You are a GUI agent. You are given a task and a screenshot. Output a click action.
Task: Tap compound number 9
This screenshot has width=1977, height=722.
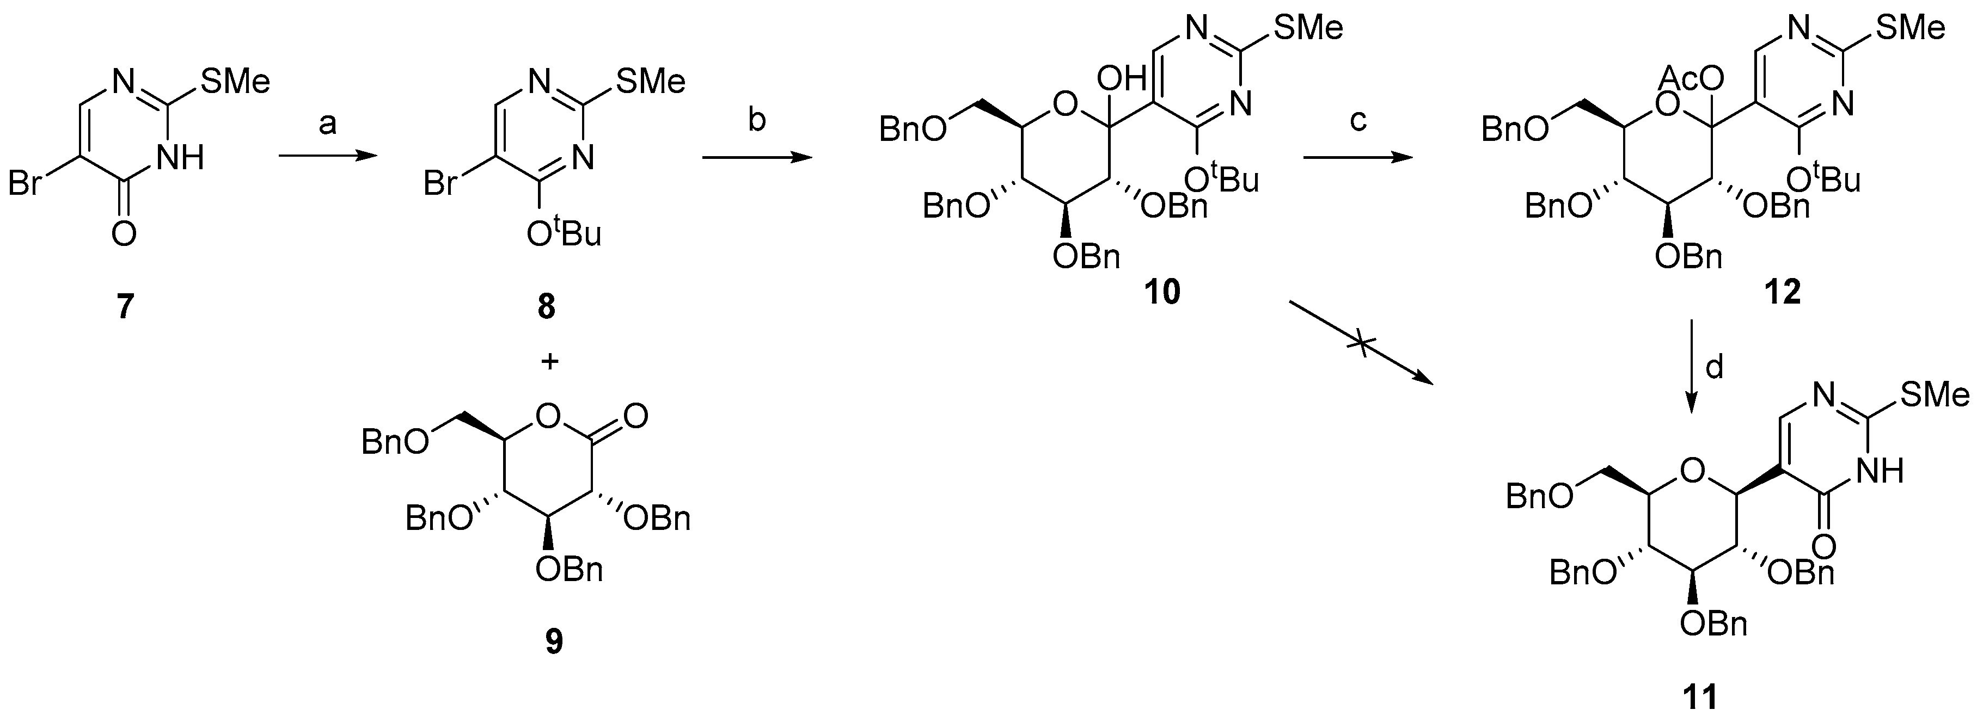point(553,641)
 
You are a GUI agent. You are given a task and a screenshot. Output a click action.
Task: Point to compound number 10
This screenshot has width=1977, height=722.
point(1162,292)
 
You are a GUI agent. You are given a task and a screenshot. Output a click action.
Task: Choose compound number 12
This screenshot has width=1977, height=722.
point(1782,292)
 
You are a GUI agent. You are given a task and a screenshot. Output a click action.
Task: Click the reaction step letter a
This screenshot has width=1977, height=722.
point(328,124)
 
